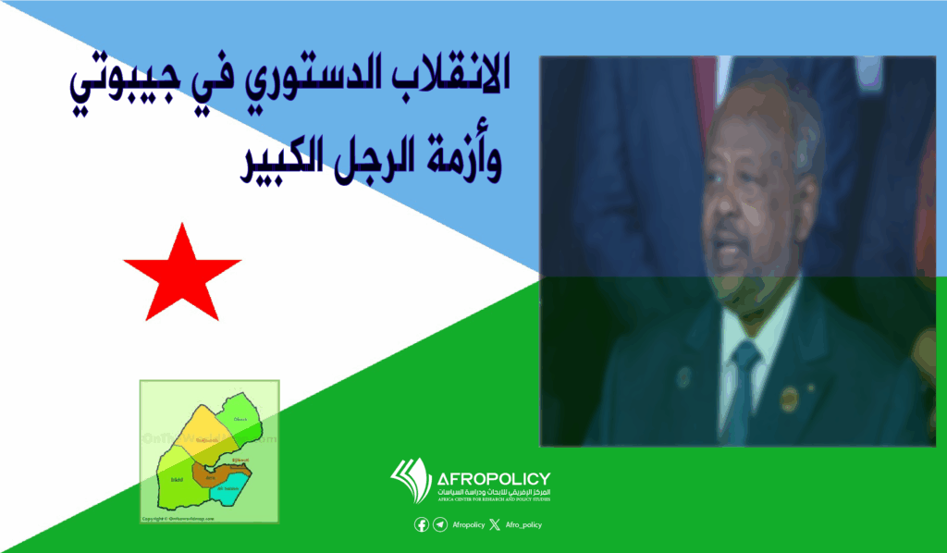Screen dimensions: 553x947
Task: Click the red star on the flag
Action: pos(182,270)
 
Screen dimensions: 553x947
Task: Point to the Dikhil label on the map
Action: pos(177,480)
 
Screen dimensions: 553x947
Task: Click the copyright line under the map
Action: pos(178,519)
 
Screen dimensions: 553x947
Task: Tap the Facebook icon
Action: pos(422,524)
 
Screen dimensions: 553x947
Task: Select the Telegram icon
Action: pos(439,524)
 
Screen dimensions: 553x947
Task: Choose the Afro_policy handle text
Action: pos(523,524)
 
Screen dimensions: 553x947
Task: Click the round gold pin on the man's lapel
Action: pos(788,399)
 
